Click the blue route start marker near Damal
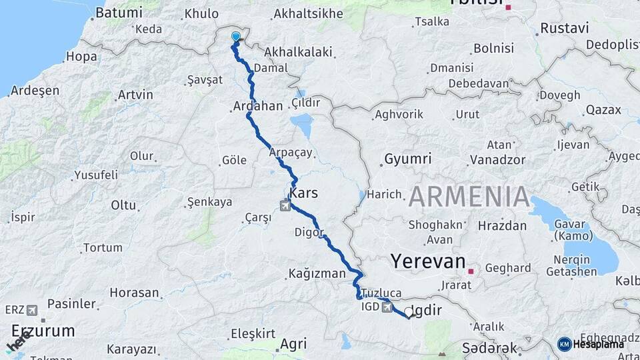click(235, 37)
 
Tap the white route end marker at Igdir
click(408, 311)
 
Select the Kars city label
click(304, 193)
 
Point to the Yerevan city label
click(428, 261)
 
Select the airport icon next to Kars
click(285, 205)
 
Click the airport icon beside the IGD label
click(387, 307)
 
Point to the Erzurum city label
click(43, 331)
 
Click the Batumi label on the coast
click(119, 13)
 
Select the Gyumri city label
click(407, 159)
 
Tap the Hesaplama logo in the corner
click(592, 344)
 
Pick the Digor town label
click(309, 233)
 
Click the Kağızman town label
click(317, 273)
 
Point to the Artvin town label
click(135, 95)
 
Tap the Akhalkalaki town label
click(294, 51)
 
